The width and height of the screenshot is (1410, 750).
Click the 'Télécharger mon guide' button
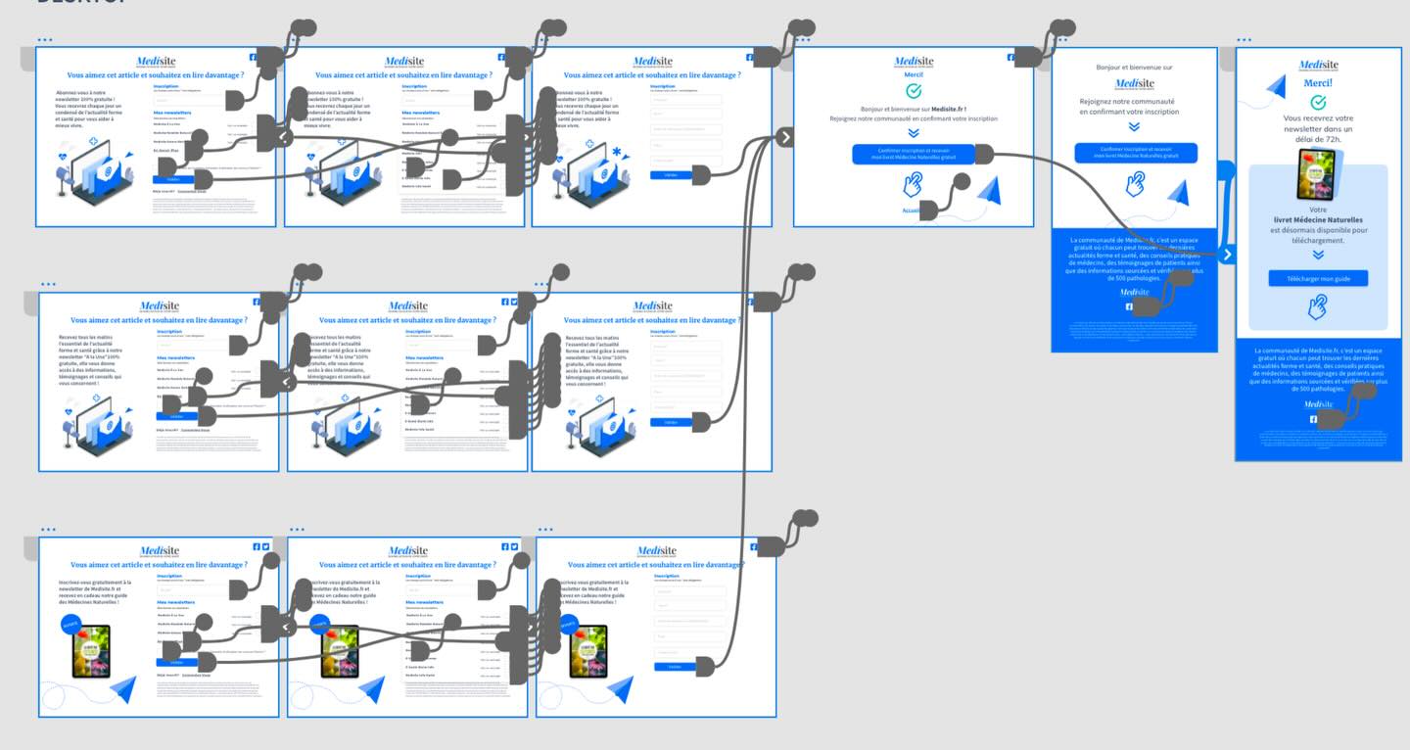click(x=1318, y=279)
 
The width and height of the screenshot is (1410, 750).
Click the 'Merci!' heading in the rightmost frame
click(x=1318, y=83)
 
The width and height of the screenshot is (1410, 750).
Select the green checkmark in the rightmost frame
click(x=1318, y=102)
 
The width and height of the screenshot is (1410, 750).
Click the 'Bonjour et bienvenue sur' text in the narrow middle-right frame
click(x=1134, y=68)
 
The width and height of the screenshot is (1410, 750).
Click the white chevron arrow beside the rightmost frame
click(x=1228, y=255)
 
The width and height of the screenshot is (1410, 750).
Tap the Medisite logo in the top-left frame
click(x=156, y=62)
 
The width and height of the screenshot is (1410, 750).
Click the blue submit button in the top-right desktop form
click(x=671, y=174)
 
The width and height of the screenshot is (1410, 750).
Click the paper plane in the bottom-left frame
click(x=123, y=690)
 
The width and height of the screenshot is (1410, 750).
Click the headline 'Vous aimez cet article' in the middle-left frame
click(x=159, y=320)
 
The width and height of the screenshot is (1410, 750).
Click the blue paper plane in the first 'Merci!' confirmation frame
click(x=989, y=192)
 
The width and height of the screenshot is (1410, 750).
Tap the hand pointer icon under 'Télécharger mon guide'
click(x=1318, y=307)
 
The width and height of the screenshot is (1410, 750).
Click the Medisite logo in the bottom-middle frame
click(x=408, y=551)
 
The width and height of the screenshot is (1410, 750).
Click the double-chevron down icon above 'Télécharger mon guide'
click(x=1318, y=255)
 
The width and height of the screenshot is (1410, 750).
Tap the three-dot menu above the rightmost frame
click(x=1244, y=40)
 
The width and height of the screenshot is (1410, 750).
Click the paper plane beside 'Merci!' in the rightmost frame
click(x=1274, y=88)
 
